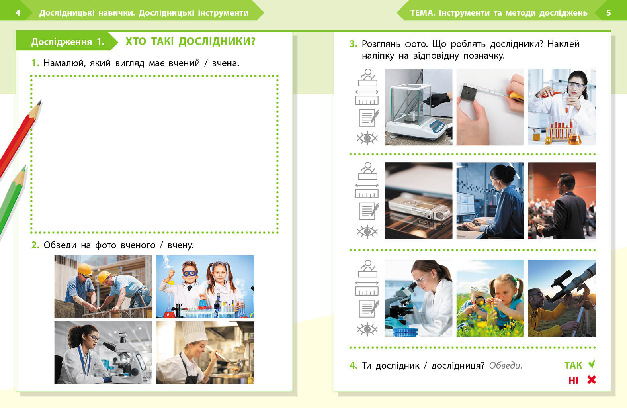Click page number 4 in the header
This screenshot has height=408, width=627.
click(x=18, y=13)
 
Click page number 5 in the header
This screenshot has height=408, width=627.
click(x=609, y=13)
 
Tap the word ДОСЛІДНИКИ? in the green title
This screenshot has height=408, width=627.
click(x=217, y=41)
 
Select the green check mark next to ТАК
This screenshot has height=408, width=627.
click(x=592, y=364)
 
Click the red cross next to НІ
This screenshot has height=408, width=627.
click(x=592, y=380)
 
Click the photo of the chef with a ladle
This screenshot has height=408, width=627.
click(x=205, y=352)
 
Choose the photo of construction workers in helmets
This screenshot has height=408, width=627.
click(x=103, y=286)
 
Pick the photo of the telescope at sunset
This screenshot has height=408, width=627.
click(x=562, y=298)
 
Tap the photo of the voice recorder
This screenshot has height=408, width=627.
click(x=418, y=201)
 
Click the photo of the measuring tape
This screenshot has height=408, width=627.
click(x=490, y=107)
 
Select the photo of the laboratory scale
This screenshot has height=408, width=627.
click(x=418, y=107)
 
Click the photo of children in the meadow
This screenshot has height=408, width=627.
click(x=490, y=298)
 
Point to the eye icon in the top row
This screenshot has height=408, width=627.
click(x=367, y=138)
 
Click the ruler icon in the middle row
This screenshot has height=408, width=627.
click(x=367, y=191)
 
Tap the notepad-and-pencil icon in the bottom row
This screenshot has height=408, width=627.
click(x=369, y=308)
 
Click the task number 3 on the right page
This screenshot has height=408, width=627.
click(x=353, y=44)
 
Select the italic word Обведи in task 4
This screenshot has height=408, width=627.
click(x=506, y=365)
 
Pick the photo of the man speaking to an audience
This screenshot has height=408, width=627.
click(x=562, y=201)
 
